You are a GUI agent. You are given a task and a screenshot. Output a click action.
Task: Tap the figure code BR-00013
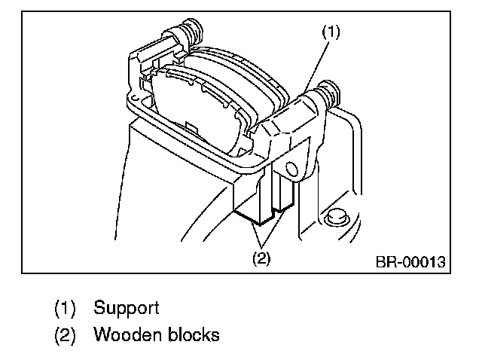coord(410,263)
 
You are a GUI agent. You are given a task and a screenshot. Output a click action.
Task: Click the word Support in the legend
coord(126,307)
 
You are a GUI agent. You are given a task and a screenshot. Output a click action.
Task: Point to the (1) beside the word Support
coord(65,307)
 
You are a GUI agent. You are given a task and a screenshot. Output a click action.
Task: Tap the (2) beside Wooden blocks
coord(65,334)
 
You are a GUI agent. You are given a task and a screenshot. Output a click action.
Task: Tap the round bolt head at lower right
coord(335,217)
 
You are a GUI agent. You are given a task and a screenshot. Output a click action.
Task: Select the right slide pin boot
coord(329,93)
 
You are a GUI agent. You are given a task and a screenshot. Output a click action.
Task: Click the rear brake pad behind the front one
coord(249,72)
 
